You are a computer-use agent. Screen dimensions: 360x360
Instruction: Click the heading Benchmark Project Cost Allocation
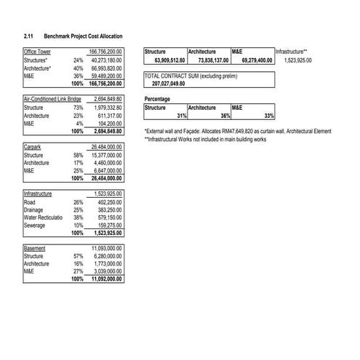[83, 36]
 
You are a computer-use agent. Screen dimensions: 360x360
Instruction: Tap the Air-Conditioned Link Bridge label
[52, 98]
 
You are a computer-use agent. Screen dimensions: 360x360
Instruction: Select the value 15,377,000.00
[108, 155]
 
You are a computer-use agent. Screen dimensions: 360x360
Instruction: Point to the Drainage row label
[35, 209]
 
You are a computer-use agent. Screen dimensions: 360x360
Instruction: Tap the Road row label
[31, 201]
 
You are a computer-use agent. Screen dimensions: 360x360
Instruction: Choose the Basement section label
[35, 248]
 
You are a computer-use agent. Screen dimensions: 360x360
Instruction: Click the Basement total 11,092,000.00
[108, 279]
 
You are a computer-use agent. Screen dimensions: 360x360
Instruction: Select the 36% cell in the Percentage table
[225, 116]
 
